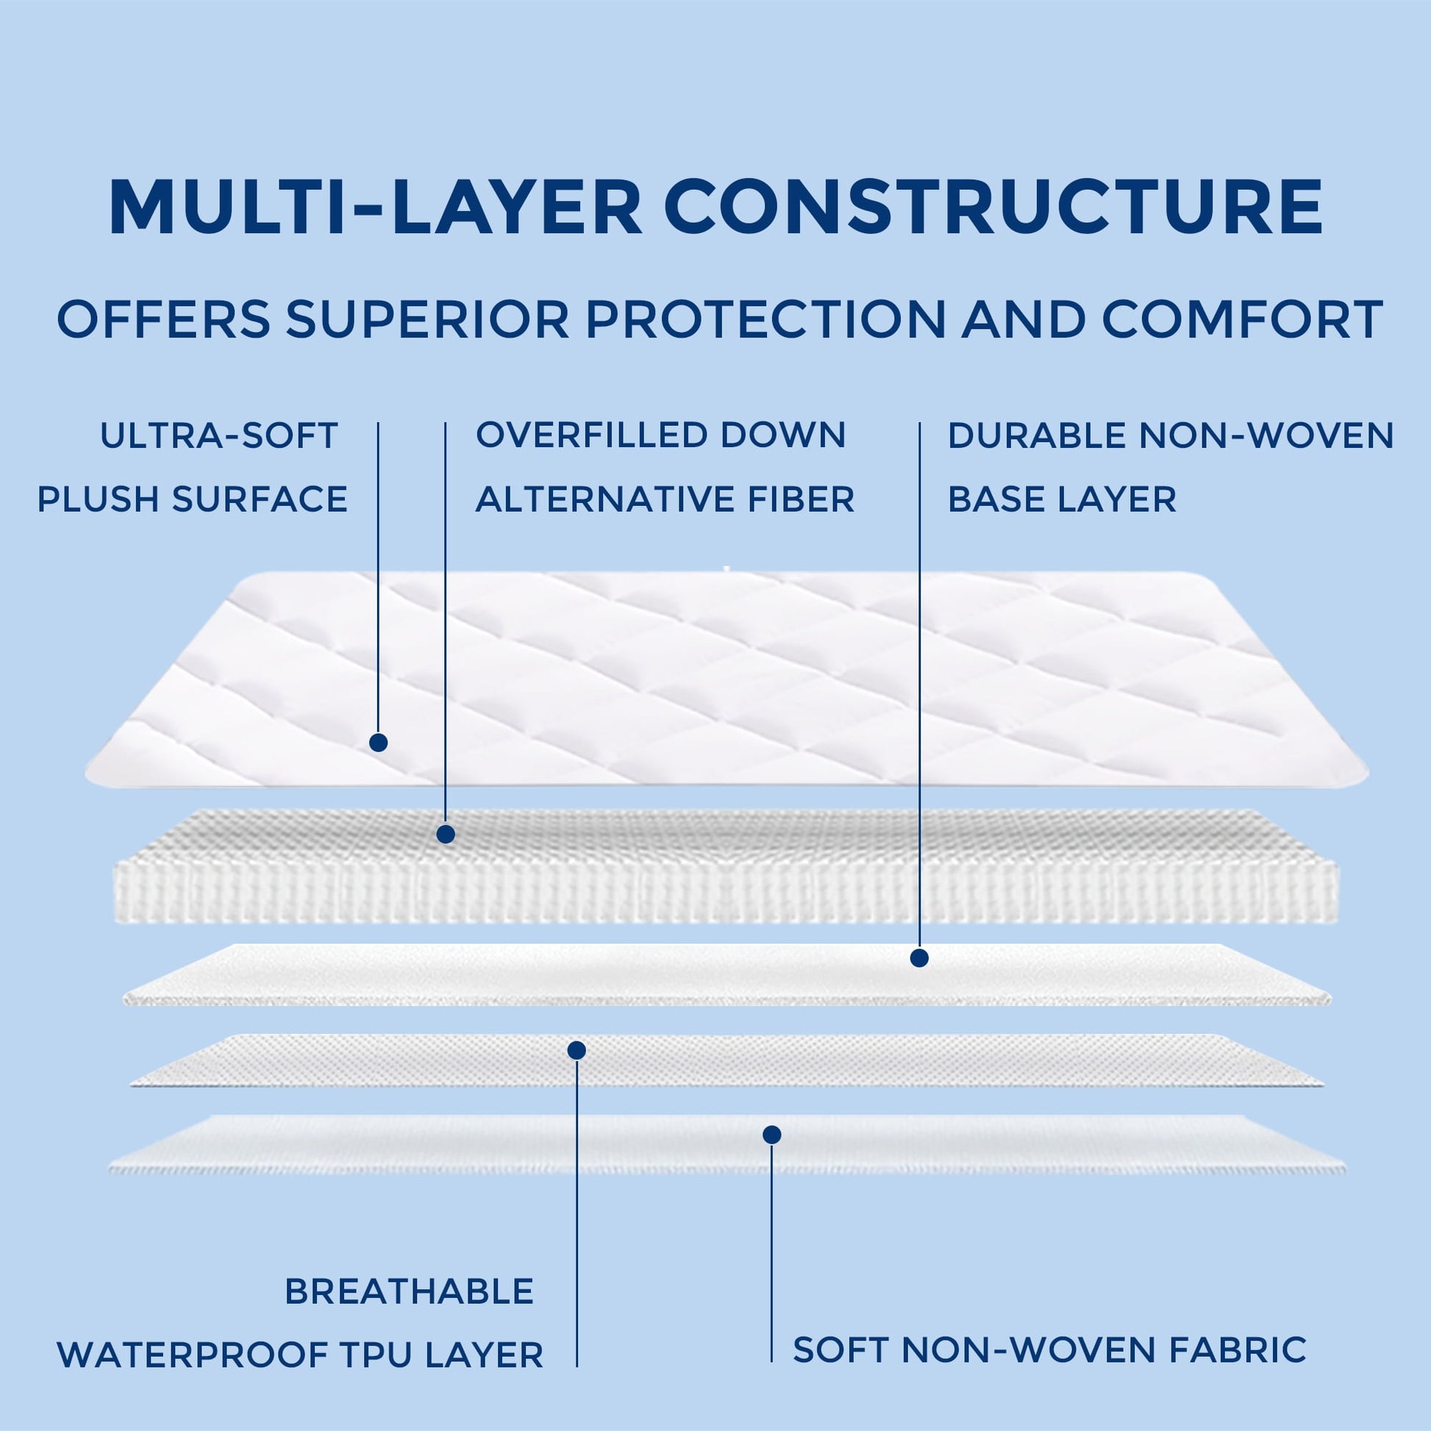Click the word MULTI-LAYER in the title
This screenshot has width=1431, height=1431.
point(376,207)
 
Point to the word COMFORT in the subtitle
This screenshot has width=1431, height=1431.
point(1242,319)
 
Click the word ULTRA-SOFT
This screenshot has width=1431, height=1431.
point(219,436)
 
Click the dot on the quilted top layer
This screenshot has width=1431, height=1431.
point(379,742)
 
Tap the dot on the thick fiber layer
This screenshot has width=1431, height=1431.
point(445,835)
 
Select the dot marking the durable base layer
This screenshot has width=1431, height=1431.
point(919,958)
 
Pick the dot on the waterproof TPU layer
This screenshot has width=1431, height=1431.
point(577,1050)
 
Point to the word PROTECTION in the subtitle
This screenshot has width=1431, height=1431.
point(766,319)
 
